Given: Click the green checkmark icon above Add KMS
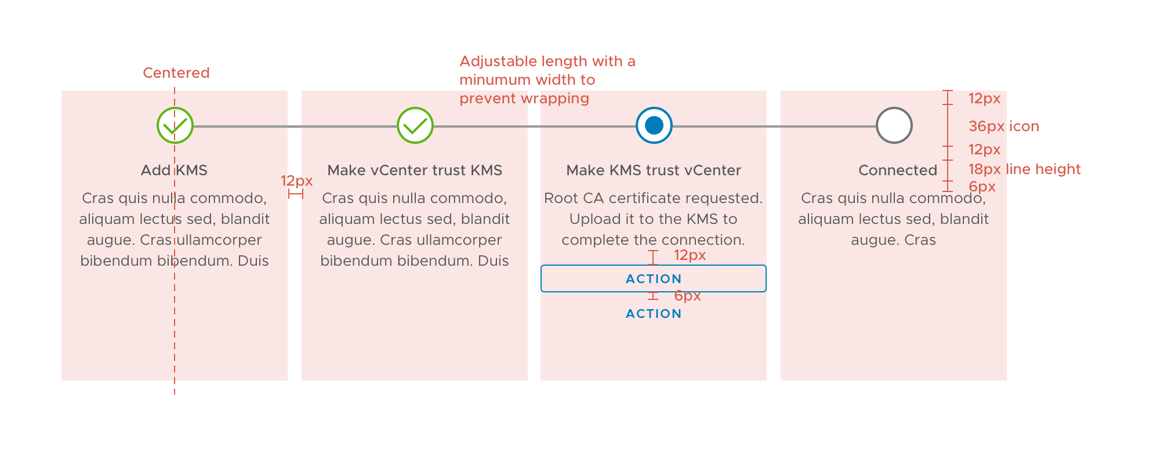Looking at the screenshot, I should click(175, 125).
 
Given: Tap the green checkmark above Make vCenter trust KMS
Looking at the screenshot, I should click(415, 125).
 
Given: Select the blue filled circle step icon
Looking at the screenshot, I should click(654, 125).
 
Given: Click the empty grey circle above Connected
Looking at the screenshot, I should click(894, 125).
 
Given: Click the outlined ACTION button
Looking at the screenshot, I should click(653, 278).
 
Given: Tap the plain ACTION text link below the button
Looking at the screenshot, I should click(653, 314).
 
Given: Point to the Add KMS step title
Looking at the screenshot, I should click(174, 170).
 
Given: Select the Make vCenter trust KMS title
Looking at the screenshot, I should click(414, 170).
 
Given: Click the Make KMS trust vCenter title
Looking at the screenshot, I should click(653, 170).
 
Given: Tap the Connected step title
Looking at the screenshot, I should click(897, 170).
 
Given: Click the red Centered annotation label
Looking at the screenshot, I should click(176, 73).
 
